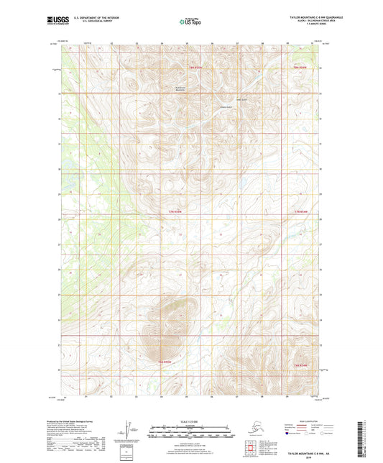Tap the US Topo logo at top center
point(190,22)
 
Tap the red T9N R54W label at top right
point(300,68)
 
